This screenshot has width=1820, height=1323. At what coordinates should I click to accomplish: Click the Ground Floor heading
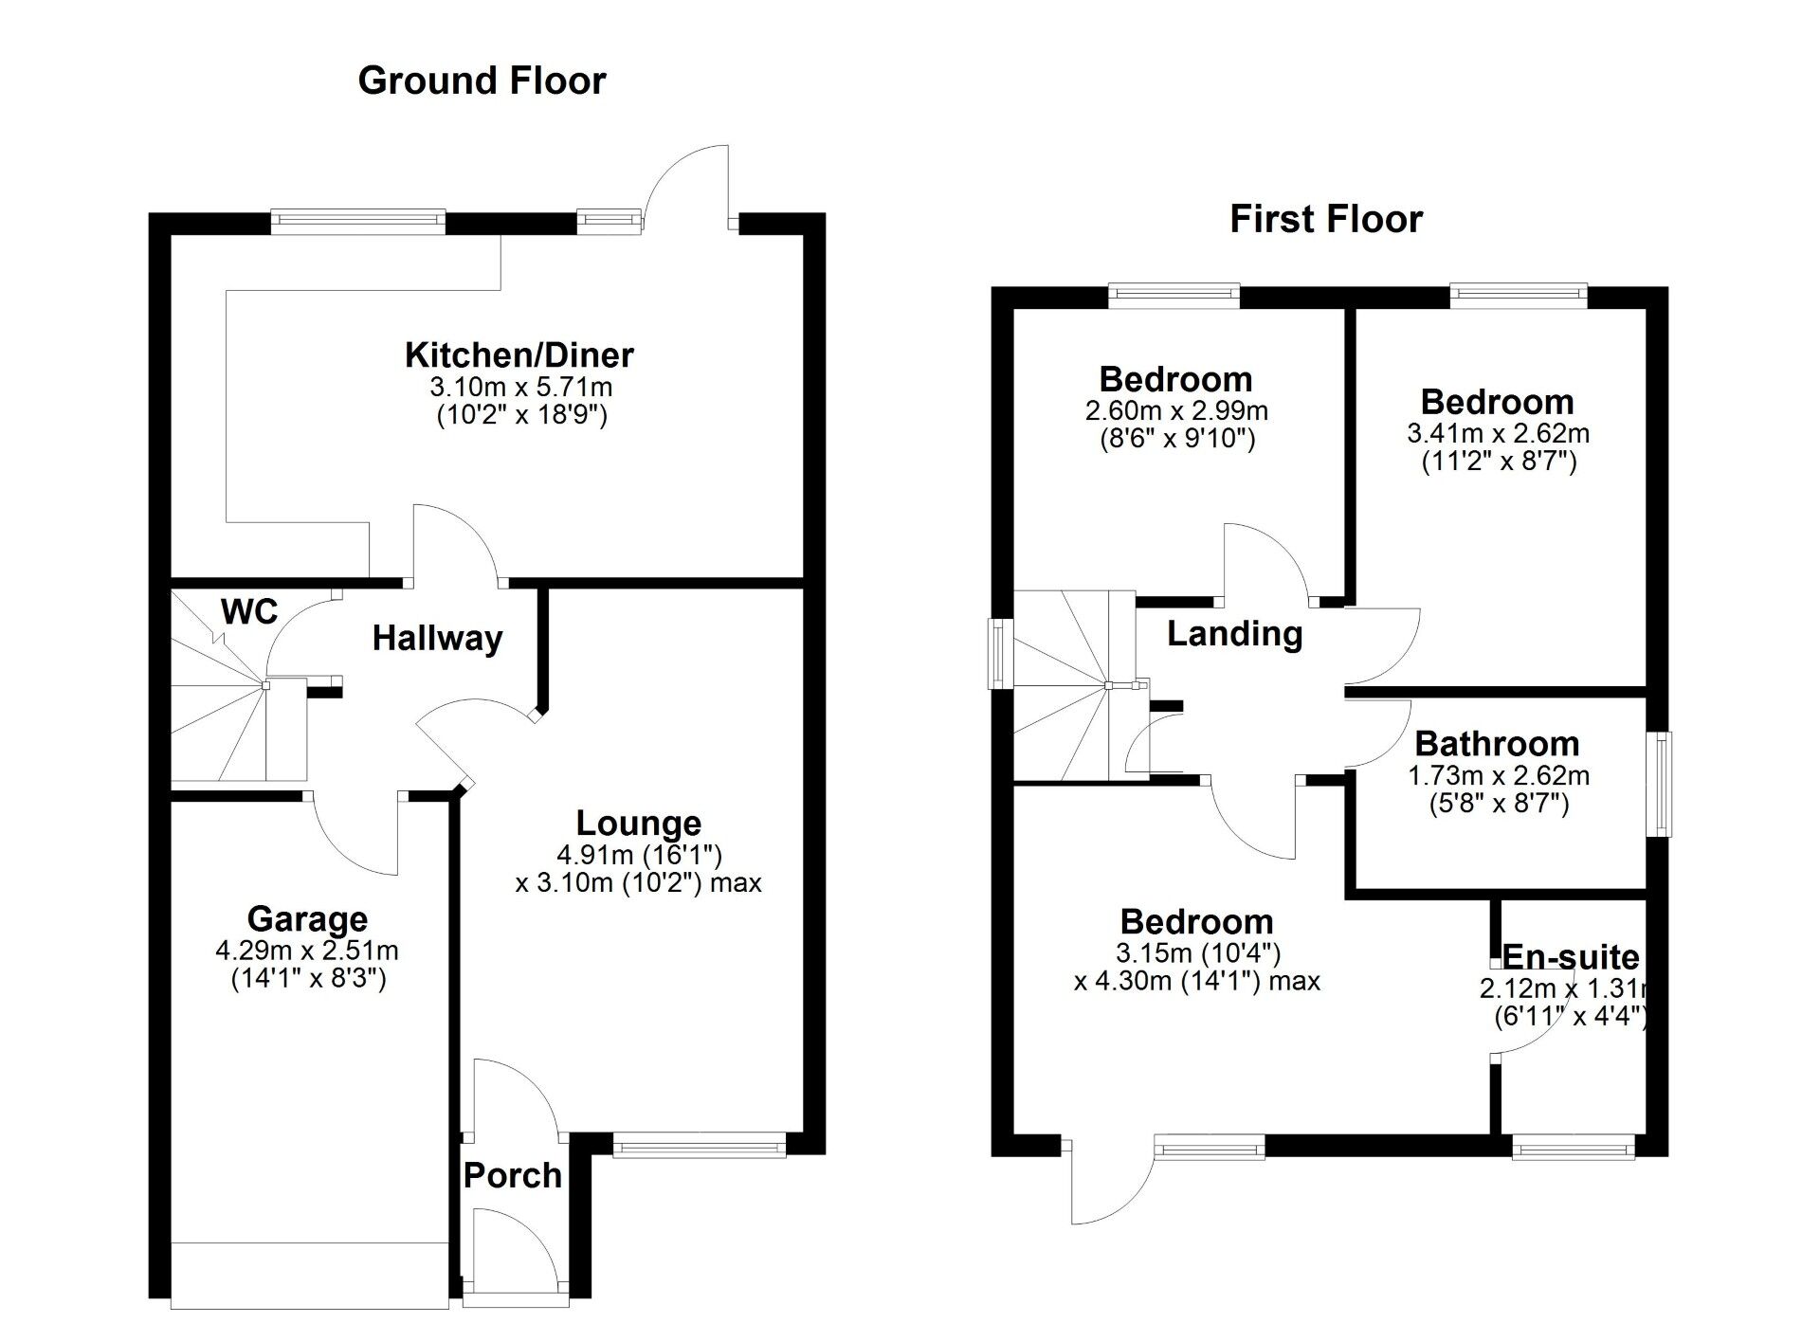click(x=482, y=81)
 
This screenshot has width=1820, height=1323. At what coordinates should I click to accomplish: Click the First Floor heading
click(x=1325, y=219)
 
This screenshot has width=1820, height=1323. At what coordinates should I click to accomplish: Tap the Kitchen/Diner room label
click(x=519, y=355)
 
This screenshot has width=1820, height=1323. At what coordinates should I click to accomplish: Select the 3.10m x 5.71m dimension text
click(x=521, y=387)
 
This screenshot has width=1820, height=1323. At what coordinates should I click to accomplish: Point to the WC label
click(x=249, y=612)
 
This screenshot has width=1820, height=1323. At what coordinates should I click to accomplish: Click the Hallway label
click(x=437, y=639)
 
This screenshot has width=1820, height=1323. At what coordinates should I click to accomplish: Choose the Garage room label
click(x=307, y=919)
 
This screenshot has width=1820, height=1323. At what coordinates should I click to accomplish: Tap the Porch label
click(x=512, y=1176)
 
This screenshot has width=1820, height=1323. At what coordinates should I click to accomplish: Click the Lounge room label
click(x=639, y=823)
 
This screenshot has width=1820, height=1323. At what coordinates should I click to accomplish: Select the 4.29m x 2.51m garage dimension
click(x=307, y=950)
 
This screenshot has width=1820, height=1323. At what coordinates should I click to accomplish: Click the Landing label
click(x=1234, y=634)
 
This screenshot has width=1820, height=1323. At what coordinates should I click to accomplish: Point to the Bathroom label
click(x=1497, y=744)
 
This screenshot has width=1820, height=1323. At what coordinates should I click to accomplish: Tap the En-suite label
click(x=1571, y=957)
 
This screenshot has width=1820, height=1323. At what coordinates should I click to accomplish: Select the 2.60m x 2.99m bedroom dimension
click(x=1176, y=411)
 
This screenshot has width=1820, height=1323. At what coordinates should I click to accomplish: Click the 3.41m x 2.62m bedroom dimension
click(x=1498, y=434)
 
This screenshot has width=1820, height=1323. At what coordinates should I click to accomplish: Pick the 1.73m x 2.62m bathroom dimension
click(x=1498, y=776)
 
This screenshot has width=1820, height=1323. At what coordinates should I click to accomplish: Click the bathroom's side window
click(x=1664, y=783)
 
